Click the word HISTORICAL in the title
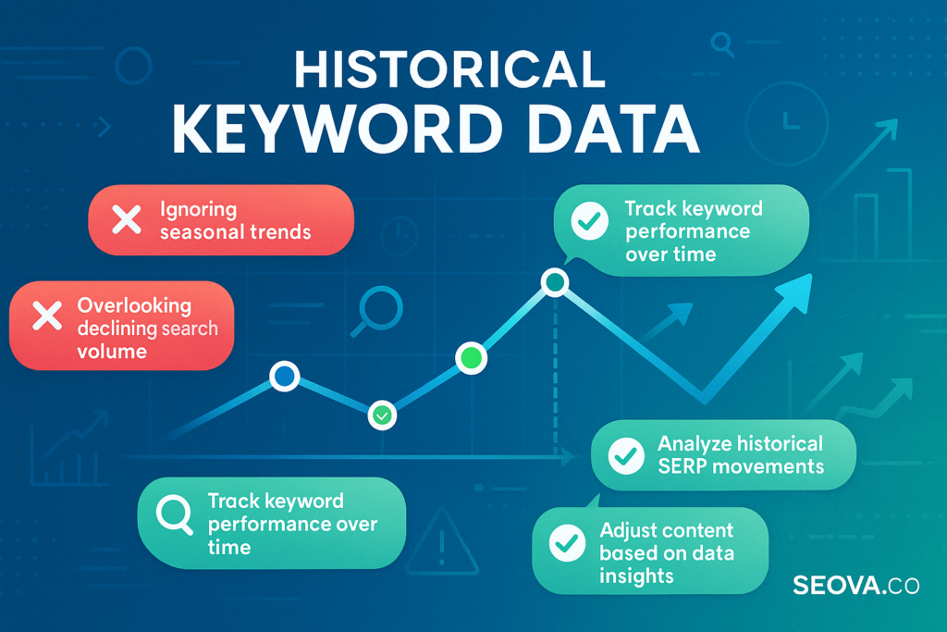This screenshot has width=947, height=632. point(450,69)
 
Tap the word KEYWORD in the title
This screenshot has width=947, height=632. point(337,130)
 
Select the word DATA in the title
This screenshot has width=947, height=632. point(613,130)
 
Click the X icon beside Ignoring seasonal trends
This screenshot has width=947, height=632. point(127,219)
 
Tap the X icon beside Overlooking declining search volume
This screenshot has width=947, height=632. point(47,316)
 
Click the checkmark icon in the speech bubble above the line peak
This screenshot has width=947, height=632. point(589,220)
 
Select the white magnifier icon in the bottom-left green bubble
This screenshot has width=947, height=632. point(175,514)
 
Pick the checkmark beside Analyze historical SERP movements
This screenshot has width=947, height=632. point(626,455)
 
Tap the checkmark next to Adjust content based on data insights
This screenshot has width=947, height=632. point(567,542)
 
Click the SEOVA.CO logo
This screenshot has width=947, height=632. point(855,586)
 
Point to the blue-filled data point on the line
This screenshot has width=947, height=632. point(285,376)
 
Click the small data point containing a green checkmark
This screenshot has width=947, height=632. point(382,415)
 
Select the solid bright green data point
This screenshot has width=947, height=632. point(471,358)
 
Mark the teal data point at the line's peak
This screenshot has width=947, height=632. point(555,281)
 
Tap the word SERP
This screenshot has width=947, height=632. point(683,466)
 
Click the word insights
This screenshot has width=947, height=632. point(636,576)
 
